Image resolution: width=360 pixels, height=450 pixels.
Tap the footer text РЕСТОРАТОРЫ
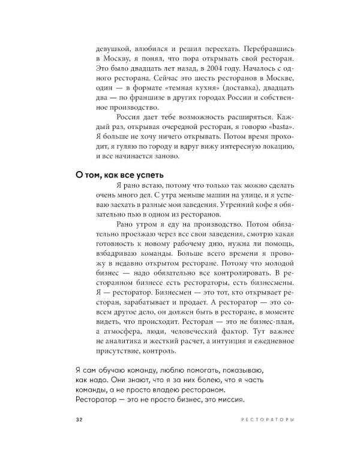267,418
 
